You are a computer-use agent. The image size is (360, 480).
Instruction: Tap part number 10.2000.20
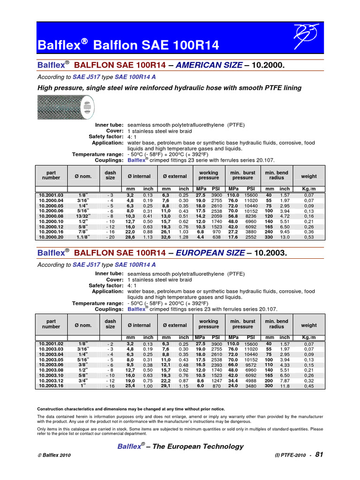click(51, 237)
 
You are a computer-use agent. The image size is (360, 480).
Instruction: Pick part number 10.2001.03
click(51, 195)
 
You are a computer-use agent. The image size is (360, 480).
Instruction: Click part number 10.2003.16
click(51, 386)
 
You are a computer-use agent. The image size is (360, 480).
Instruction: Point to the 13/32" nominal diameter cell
click(82, 216)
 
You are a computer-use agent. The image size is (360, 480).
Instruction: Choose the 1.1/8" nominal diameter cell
click(82, 237)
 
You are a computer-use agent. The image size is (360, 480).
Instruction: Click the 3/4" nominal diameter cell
click(82, 381)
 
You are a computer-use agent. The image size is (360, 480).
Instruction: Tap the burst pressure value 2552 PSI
click(251, 237)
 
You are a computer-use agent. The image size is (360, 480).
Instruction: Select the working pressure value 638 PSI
click(216, 237)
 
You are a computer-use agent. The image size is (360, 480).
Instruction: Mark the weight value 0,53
click(309, 237)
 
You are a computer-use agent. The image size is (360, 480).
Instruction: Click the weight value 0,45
click(309, 386)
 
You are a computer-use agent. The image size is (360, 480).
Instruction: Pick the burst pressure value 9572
click(251, 365)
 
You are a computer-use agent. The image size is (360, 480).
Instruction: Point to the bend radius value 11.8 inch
click(285, 386)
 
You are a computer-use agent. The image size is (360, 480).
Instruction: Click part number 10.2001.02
click(51, 344)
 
